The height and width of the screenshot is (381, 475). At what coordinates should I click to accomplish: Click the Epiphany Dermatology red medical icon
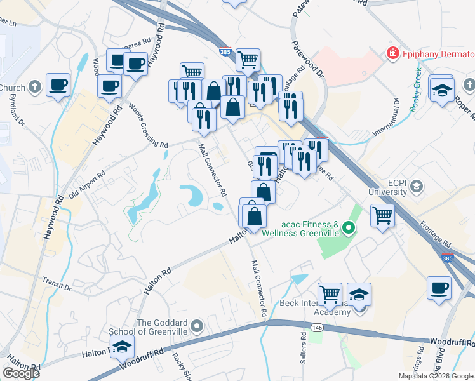tap(393, 53)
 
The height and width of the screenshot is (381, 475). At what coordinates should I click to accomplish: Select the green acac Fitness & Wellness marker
tap(348, 227)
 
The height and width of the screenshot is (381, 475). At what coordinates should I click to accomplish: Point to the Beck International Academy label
tap(315, 307)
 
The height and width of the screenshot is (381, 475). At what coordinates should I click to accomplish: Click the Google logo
tap(21, 373)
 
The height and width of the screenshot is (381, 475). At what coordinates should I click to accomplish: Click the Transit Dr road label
tap(57, 282)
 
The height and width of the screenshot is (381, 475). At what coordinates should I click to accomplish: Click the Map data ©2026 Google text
tap(436, 376)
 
